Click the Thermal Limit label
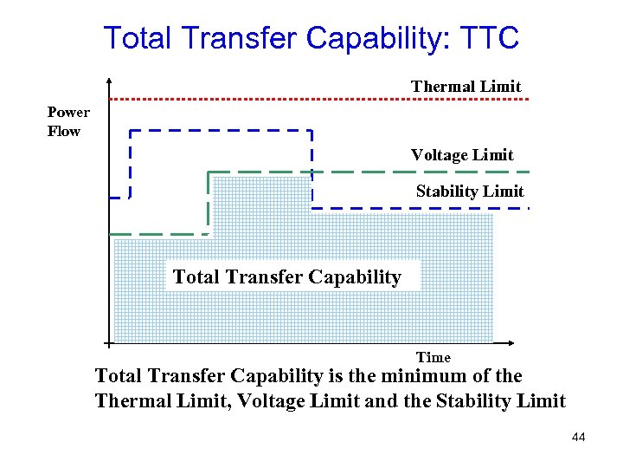tap(466, 86)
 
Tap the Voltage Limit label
tap(462, 155)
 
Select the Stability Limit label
tap(470, 191)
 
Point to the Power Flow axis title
tap(68, 122)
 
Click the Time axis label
tap(434, 357)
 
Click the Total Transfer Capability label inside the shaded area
tap(287, 277)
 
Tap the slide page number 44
tap(579, 437)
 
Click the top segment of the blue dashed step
tap(220, 131)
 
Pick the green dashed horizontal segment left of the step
tap(156, 234)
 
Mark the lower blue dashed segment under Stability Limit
tap(415, 208)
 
